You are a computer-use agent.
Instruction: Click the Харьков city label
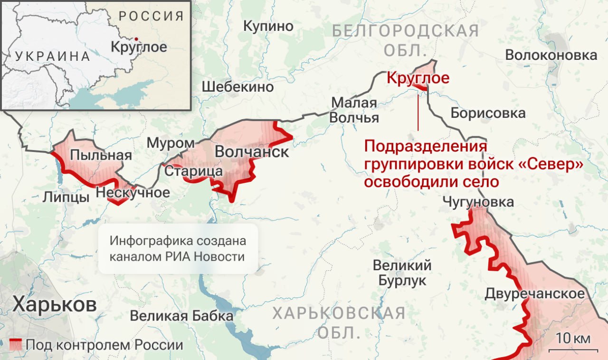[54, 304]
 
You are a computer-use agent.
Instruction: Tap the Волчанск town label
[252, 152]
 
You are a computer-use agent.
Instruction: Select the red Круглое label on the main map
[418, 77]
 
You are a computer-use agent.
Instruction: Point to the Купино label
[268, 27]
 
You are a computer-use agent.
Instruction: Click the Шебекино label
[237, 87]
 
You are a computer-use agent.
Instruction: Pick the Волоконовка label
[551, 55]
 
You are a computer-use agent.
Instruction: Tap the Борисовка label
[488, 113]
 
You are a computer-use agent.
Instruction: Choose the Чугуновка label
[478, 202]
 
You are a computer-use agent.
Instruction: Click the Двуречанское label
[534, 294]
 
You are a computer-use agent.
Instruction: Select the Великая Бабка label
[181, 316]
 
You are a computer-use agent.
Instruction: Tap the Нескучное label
[133, 192]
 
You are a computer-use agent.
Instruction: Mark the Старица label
[193, 171]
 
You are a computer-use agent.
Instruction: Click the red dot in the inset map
[136, 38]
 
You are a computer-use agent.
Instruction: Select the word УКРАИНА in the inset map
[52, 56]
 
